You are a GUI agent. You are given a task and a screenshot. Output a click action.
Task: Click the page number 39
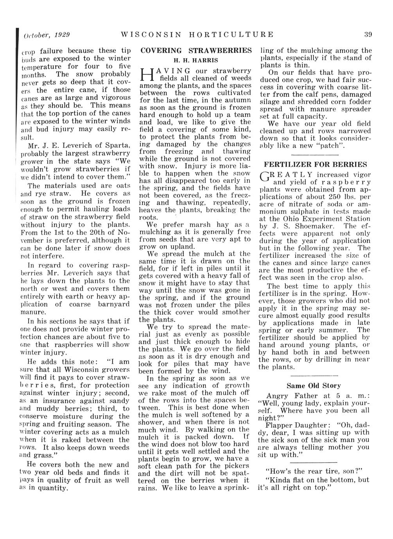coord(368,34)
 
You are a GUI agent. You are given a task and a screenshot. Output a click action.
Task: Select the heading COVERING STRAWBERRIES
coord(196,51)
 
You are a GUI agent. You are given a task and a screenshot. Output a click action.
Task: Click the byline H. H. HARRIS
coord(196,61)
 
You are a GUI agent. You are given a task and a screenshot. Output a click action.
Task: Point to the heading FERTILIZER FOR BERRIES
coord(316,164)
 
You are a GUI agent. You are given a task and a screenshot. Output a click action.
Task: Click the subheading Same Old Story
coord(314,386)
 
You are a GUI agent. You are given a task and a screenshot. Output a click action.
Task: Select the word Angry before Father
coord(279,396)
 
